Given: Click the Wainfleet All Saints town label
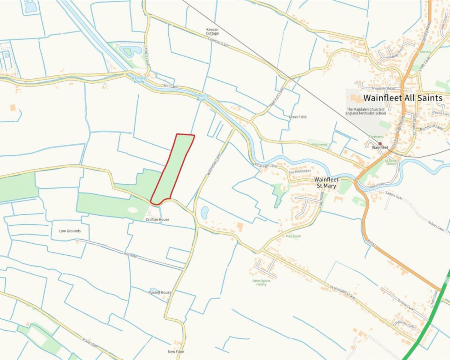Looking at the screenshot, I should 403,98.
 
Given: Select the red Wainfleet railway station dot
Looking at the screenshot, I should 380,144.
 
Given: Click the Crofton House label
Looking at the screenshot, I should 157,219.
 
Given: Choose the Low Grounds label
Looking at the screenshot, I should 70,231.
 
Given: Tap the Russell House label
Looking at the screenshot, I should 160,292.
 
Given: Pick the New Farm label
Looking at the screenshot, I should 176,352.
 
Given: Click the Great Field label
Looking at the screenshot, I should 298,117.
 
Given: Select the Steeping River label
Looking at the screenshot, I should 201,98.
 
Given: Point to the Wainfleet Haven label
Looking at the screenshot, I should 138,80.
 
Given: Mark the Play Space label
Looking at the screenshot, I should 293,236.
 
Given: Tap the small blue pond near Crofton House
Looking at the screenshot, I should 205,213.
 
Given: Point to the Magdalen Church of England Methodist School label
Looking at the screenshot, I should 366,111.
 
